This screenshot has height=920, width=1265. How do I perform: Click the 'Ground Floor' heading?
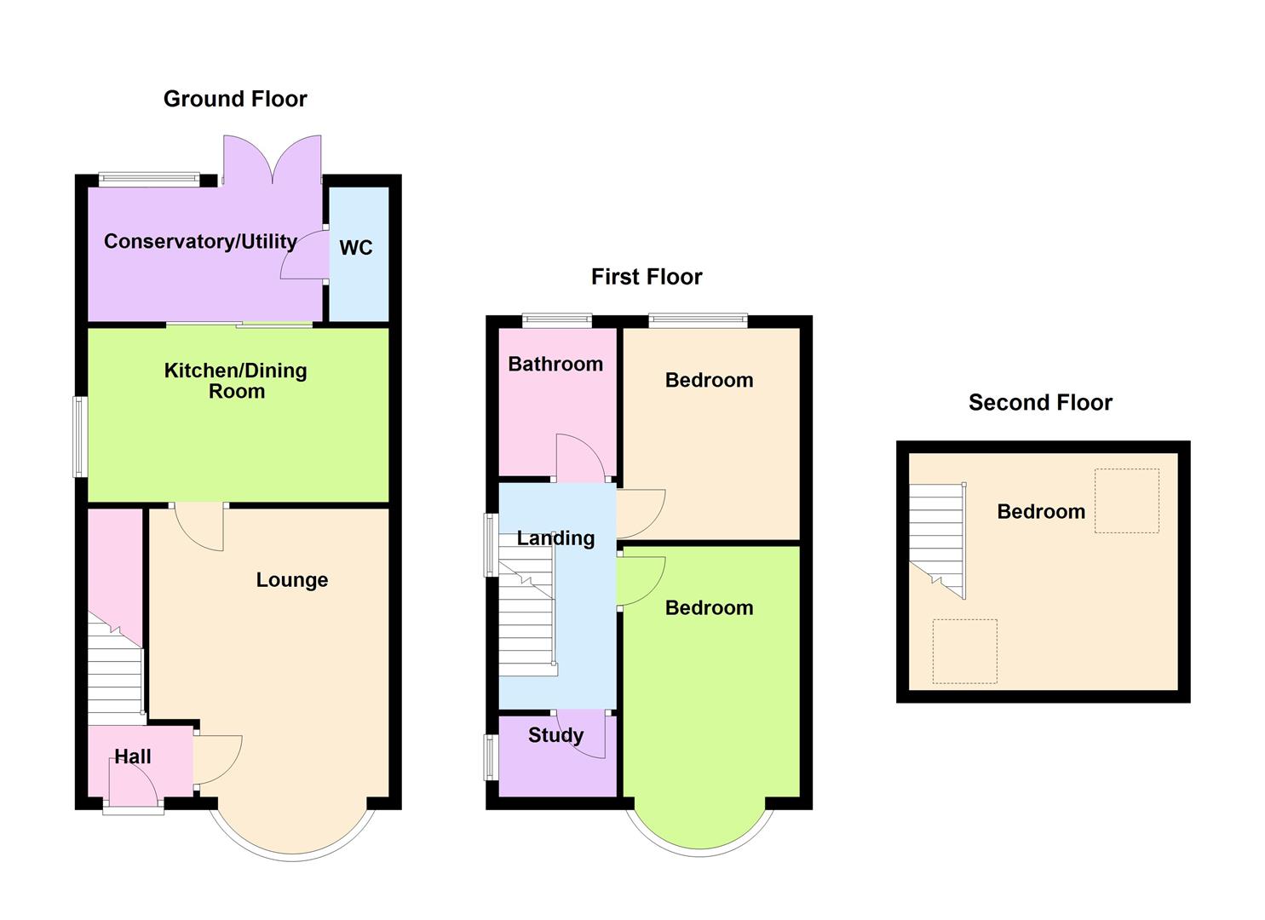pos(235,99)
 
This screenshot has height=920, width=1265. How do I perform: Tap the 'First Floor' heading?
pos(647,277)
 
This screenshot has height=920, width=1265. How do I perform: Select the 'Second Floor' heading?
pos(1040,403)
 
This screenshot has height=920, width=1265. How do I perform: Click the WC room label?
pos(356,248)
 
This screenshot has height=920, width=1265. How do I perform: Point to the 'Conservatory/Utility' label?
pos(200,242)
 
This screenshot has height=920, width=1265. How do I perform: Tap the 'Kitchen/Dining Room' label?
pos(236,381)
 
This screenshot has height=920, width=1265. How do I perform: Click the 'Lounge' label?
pos(292,580)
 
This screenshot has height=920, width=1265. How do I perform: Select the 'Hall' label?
pos(133,756)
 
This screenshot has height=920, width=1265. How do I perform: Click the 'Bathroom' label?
pos(555,365)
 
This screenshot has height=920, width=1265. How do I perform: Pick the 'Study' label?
pos(555,735)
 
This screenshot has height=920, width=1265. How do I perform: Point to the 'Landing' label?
pos(555,538)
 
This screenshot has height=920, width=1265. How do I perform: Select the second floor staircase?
pos(937,537)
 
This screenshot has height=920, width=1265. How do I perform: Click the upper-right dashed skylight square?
pos(1126,501)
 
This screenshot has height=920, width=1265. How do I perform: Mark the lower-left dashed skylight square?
pos(964,651)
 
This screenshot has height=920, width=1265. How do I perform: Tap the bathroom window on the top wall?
pos(557,321)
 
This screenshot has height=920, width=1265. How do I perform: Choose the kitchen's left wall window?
pos(80,436)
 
